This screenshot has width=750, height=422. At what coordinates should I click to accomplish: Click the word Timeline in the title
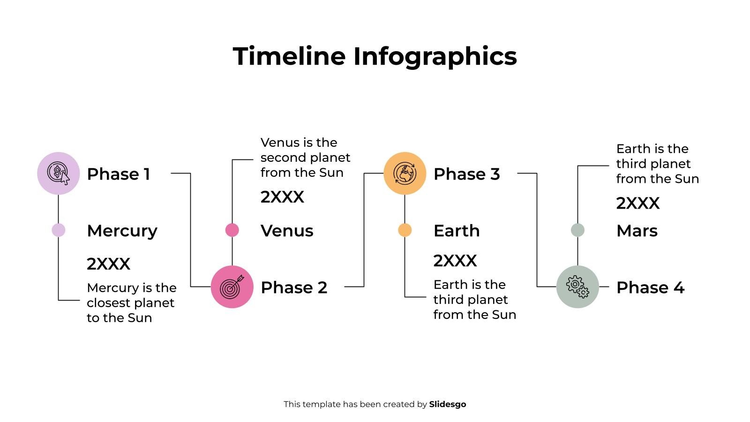pyautogui.click(x=289, y=56)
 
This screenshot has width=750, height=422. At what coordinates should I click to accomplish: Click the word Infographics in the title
pyautogui.click(x=435, y=56)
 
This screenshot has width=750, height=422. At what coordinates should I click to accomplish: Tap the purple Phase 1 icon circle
pyautogui.click(x=59, y=173)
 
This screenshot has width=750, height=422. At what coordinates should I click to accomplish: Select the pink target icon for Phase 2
pyautogui.click(x=232, y=287)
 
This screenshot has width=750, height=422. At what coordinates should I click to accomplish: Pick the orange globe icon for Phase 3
pyautogui.click(x=405, y=173)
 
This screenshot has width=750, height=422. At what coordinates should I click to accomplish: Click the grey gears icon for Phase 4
pyautogui.click(x=577, y=287)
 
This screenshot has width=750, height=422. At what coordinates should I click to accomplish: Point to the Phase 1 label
pyautogui.click(x=119, y=174)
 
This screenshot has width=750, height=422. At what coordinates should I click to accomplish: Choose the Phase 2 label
pyautogui.click(x=294, y=287)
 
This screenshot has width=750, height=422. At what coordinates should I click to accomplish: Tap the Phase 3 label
pyautogui.click(x=467, y=174)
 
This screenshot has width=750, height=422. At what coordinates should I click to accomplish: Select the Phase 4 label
pyautogui.click(x=650, y=287)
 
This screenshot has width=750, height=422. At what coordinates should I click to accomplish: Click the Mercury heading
pyautogui.click(x=122, y=231)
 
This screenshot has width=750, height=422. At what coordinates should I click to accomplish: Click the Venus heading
pyautogui.click(x=287, y=231)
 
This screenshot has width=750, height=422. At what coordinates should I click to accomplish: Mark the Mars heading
pyautogui.click(x=637, y=231)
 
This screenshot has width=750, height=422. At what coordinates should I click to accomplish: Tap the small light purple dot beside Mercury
pyautogui.click(x=59, y=230)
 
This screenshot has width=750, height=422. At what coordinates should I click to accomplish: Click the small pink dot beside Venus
pyautogui.click(x=232, y=230)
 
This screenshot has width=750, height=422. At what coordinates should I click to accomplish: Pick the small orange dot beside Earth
pyautogui.click(x=405, y=230)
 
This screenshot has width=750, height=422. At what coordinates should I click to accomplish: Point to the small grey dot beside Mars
pyautogui.click(x=577, y=230)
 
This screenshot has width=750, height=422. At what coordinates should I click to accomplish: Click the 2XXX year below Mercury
pyautogui.click(x=108, y=264)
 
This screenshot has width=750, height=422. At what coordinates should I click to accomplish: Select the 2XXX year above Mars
pyautogui.click(x=638, y=203)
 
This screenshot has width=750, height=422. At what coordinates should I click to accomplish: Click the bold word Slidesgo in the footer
pyautogui.click(x=448, y=404)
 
